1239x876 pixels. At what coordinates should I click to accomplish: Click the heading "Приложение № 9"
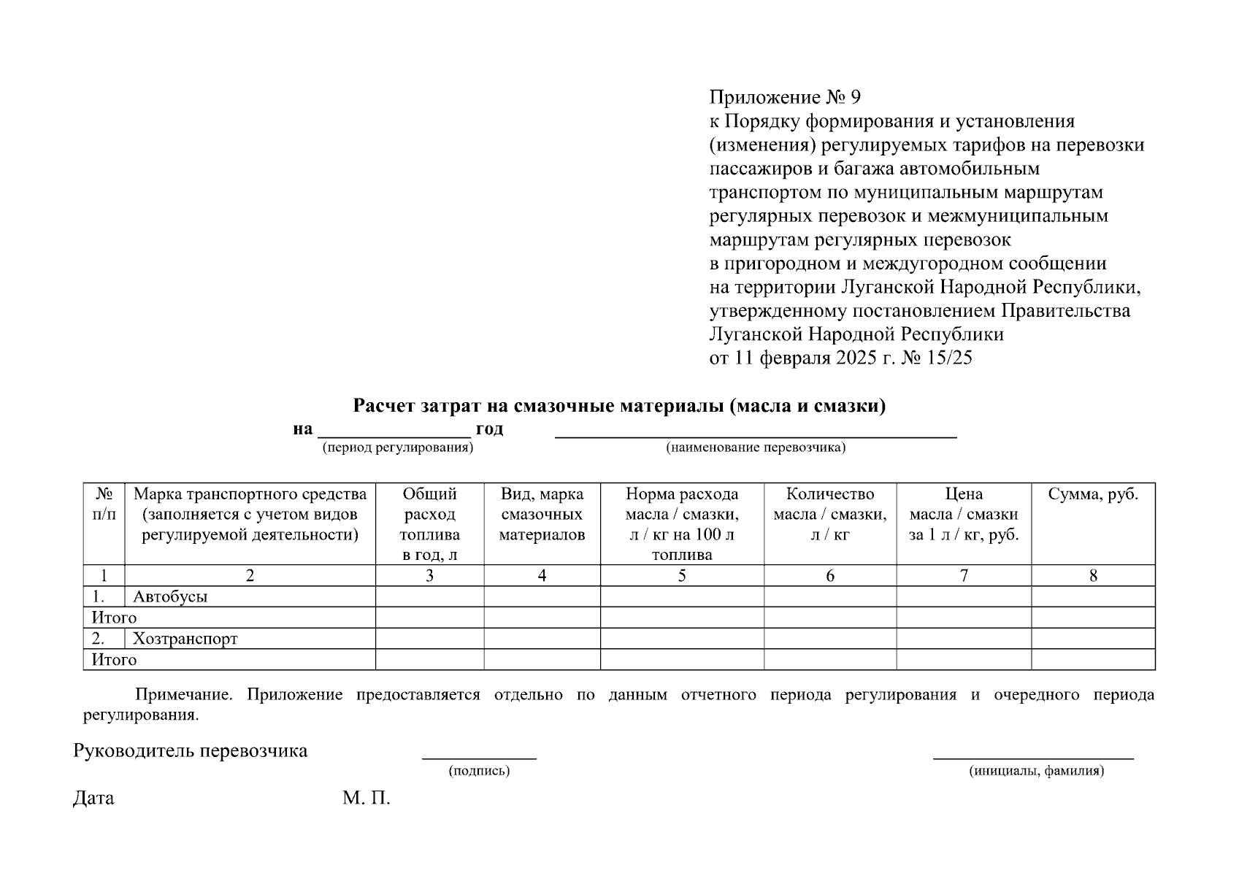(x=785, y=97)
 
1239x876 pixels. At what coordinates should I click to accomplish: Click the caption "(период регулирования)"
(x=398, y=447)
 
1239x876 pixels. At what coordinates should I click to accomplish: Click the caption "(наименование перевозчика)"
(x=755, y=447)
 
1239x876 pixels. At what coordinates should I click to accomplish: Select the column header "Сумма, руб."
(x=1093, y=494)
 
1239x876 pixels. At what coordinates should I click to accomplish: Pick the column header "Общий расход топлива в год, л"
(x=429, y=524)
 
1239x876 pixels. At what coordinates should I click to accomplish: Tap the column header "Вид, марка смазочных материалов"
(x=542, y=515)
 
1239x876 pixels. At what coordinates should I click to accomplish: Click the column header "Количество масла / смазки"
(x=830, y=514)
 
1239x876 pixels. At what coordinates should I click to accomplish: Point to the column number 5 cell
(x=682, y=576)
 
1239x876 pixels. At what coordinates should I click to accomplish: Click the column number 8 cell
(x=1093, y=576)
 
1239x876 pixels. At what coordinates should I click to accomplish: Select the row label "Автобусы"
(x=170, y=596)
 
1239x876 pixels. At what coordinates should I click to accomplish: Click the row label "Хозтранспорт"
(x=185, y=639)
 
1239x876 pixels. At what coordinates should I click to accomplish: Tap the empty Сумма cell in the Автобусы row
(x=1093, y=596)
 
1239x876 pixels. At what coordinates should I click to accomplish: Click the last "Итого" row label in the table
(x=114, y=660)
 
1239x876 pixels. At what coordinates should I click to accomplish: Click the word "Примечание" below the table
(x=183, y=694)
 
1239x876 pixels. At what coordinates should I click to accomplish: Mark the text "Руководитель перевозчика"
(x=190, y=750)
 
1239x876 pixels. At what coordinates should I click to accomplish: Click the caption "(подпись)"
(x=479, y=771)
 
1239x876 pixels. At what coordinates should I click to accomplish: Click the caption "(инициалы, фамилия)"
(x=1036, y=771)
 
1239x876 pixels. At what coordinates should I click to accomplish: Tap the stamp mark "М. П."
(x=367, y=798)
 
